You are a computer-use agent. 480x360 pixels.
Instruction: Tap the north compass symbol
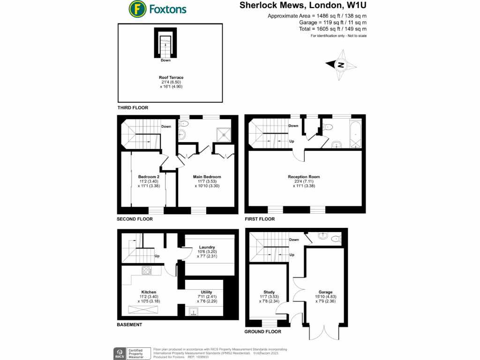pyautogui.click(x=341, y=65)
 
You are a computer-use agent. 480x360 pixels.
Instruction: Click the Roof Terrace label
pyautogui.click(x=171, y=77)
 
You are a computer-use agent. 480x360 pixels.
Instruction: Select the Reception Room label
pyautogui.click(x=304, y=177)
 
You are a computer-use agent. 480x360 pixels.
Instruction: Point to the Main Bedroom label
pyautogui.click(x=207, y=177)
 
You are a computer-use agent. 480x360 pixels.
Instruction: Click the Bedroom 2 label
pyautogui.click(x=149, y=177)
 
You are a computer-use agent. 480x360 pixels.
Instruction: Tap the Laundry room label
pyautogui.click(x=207, y=247)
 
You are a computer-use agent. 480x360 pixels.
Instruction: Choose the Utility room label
pyautogui.click(x=207, y=292)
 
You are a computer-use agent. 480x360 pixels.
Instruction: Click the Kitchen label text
pyautogui.click(x=149, y=292)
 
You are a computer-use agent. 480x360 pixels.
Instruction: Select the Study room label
pyautogui.click(x=269, y=292)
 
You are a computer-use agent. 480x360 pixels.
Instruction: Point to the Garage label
pyautogui.click(x=325, y=292)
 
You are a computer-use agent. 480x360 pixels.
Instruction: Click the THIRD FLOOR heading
pyautogui.click(x=133, y=108)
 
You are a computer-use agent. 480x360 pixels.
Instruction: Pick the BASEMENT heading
pyautogui.click(x=129, y=324)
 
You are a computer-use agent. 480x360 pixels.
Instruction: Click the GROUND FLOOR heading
pyautogui.click(x=262, y=331)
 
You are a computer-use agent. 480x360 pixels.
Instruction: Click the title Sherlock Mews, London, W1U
pyautogui.click(x=303, y=6)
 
